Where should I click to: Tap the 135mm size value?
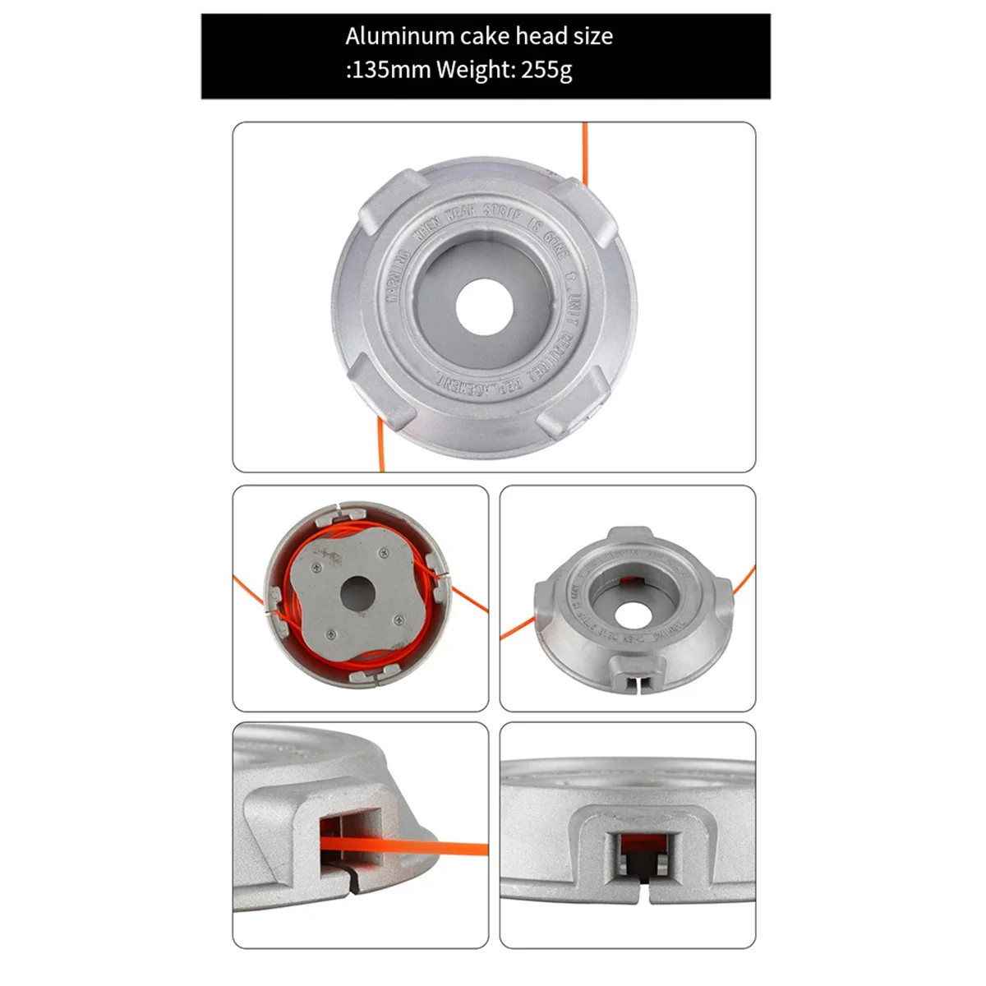[390, 70]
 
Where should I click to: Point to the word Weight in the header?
[476, 70]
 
